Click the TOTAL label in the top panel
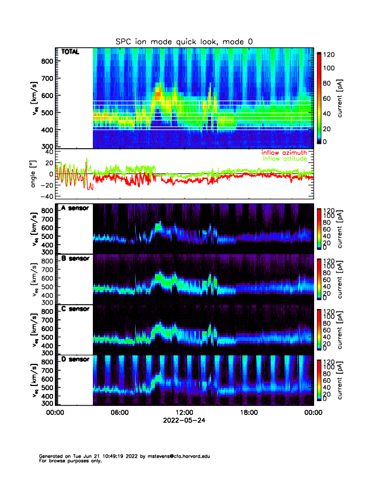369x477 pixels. (70, 52)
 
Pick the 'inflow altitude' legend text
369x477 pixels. (286, 159)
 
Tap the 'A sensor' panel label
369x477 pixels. (75, 208)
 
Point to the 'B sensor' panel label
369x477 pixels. (75, 259)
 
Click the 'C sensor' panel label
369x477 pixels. (75, 309)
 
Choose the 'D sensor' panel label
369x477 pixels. (75, 360)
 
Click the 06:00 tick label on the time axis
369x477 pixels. (119, 413)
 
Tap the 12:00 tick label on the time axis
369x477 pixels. (184, 413)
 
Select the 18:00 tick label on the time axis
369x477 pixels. (248, 413)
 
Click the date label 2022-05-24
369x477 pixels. (184, 420)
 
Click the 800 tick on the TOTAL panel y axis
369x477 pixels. (46, 61)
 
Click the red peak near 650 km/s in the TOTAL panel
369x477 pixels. (159, 93)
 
